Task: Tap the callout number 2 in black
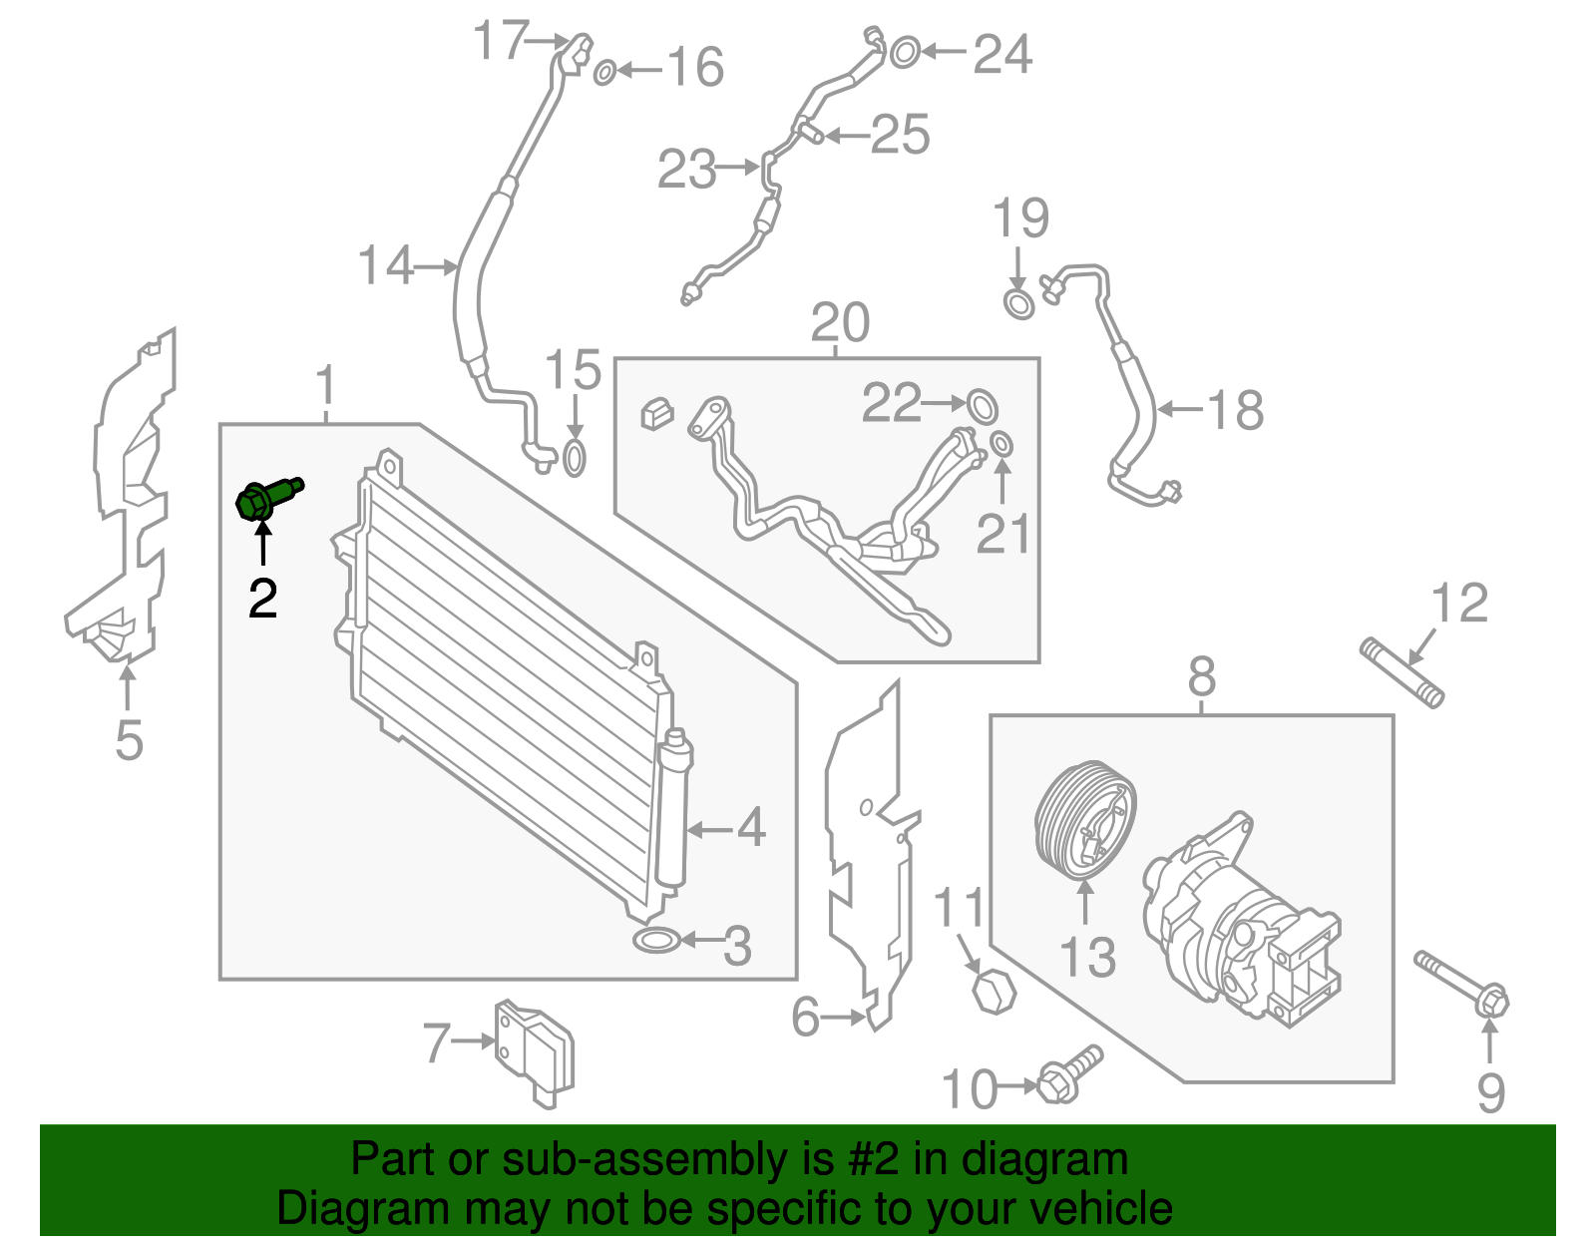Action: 262,599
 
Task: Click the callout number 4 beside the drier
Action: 751,828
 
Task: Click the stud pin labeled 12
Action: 1402,674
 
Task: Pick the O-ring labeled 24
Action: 904,52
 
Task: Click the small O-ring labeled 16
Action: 604,72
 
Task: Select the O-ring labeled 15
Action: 575,459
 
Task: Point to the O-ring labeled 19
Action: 1018,303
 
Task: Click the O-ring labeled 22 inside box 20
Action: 982,405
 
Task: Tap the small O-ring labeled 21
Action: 1002,444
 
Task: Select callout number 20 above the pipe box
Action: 840,323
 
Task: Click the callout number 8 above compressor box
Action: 1202,678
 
